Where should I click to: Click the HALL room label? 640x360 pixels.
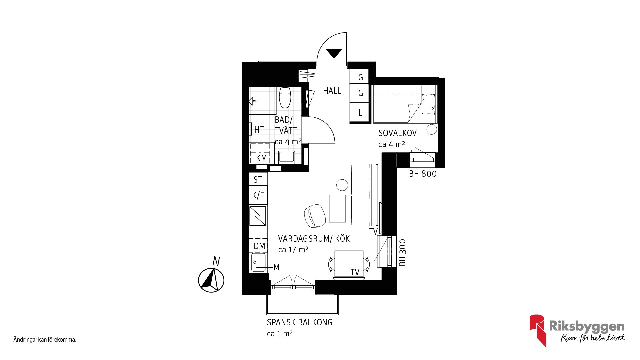coord(332,91)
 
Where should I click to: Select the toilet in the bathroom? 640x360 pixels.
coord(285,98)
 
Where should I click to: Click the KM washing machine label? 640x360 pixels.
coord(261,158)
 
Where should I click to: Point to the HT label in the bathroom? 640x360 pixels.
coord(259,130)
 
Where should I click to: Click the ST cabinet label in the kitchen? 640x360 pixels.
coord(258,180)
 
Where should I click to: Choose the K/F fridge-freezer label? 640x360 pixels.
coord(258,195)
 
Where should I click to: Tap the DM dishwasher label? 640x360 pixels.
coord(259,246)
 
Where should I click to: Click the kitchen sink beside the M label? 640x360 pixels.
coord(258,262)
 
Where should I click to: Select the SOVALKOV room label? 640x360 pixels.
coord(397,133)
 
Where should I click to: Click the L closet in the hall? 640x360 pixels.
coord(360,113)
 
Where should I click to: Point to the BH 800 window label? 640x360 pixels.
coord(423,174)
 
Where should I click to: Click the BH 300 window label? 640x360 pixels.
coord(403,252)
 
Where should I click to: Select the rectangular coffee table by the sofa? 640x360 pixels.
coord(337,209)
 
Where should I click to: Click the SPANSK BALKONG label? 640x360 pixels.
coord(299,322)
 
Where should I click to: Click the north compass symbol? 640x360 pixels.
coord(211,280)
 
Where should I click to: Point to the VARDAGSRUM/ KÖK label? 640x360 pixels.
coord(314,239)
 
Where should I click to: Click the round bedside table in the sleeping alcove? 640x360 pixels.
coord(432,129)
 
